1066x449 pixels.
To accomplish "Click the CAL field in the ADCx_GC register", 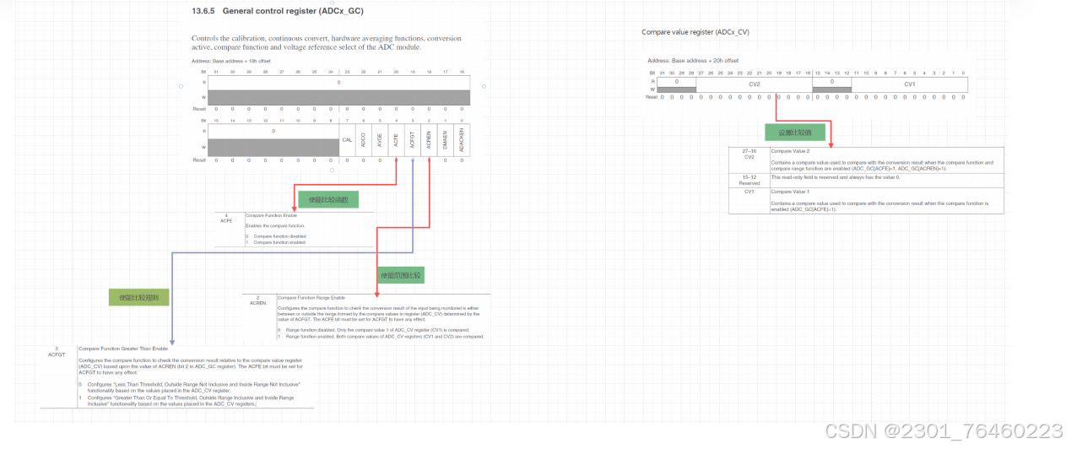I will (x=347, y=139).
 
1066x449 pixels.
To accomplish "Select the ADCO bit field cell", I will (x=363, y=140).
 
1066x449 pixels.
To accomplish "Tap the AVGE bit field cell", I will (x=379, y=140).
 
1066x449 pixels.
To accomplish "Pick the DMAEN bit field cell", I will (x=445, y=140).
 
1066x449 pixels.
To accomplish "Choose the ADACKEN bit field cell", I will (x=461, y=140).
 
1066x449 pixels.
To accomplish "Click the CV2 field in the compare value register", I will (x=754, y=85).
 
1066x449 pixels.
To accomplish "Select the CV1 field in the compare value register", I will (x=910, y=85).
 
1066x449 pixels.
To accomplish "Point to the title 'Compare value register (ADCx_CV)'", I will (x=695, y=32).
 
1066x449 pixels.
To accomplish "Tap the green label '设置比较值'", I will (x=789, y=133).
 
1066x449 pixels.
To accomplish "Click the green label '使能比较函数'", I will (x=328, y=199).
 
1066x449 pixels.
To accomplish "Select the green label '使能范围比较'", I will (x=401, y=275).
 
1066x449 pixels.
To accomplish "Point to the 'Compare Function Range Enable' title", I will (x=311, y=298).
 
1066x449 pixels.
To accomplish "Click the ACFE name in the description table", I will (x=226, y=220).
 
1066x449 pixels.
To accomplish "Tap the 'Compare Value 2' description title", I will (x=790, y=151).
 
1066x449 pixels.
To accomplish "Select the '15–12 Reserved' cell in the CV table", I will (x=749, y=179).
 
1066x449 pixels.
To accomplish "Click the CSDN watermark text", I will (x=943, y=431).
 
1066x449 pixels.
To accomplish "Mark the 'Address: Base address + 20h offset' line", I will (x=693, y=61).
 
